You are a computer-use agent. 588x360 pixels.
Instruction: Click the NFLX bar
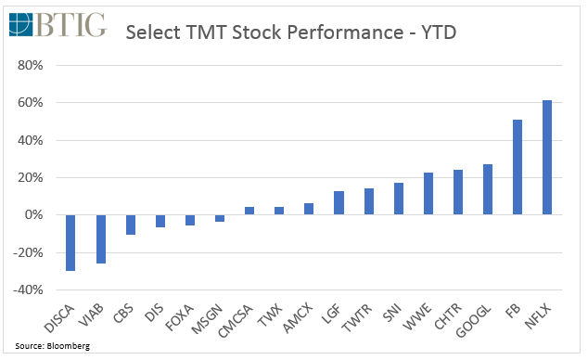tap(547, 158)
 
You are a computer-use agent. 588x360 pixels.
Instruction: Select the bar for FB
tap(518, 167)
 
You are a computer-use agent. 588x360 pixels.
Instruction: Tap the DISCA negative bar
tap(70, 242)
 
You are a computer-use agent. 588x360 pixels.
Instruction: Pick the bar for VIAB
tap(100, 238)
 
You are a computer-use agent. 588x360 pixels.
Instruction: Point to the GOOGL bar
tap(488, 189)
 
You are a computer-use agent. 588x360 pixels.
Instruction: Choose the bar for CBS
tap(131, 225)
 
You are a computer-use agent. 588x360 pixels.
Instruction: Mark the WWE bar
tap(428, 194)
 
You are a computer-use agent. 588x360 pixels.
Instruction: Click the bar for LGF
tap(339, 202)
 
